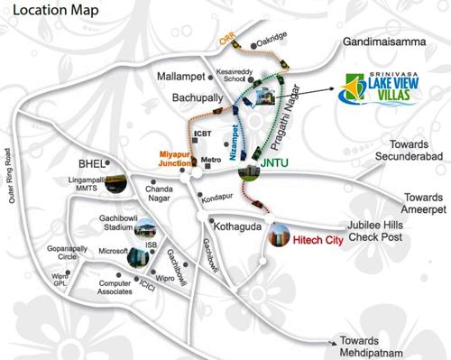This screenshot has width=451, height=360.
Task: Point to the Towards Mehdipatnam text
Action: coord(397,347)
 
